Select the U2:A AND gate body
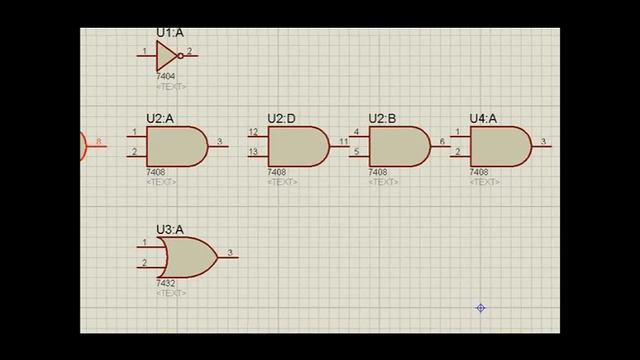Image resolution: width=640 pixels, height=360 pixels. [x=175, y=146]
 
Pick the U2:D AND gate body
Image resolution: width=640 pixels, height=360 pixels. [x=296, y=146]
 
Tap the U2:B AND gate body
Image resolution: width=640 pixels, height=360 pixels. [x=398, y=146]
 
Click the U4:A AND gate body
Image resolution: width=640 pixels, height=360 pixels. [x=499, y=146]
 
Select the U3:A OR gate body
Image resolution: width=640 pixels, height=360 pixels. [x=186, y=257]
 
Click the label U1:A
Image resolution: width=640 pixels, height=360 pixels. [x=170, y=33]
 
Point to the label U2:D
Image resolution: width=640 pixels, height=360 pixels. [x=281, y=119]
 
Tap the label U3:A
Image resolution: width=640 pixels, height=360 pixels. [x=170, y=230]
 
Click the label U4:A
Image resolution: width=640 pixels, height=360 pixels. [x=484, y=119]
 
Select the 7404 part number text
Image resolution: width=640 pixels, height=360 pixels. [x=166, y=76]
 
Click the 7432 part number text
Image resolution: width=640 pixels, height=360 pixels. [x=166, y=284]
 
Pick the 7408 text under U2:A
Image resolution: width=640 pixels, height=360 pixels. [x=156, y=172]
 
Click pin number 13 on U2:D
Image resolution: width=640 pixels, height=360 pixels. [x=253, y=152]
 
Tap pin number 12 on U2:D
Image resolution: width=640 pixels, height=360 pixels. [x=253, y=132]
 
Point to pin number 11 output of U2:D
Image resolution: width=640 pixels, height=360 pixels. [x=343, y=142]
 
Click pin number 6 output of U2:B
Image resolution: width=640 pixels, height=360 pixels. [x=443, y=142]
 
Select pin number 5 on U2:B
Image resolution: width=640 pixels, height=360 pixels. [x=356, y=152]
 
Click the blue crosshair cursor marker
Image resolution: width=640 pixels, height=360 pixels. [x=480, y=308]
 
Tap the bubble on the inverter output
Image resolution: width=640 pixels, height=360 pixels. [x=180, y=56]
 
